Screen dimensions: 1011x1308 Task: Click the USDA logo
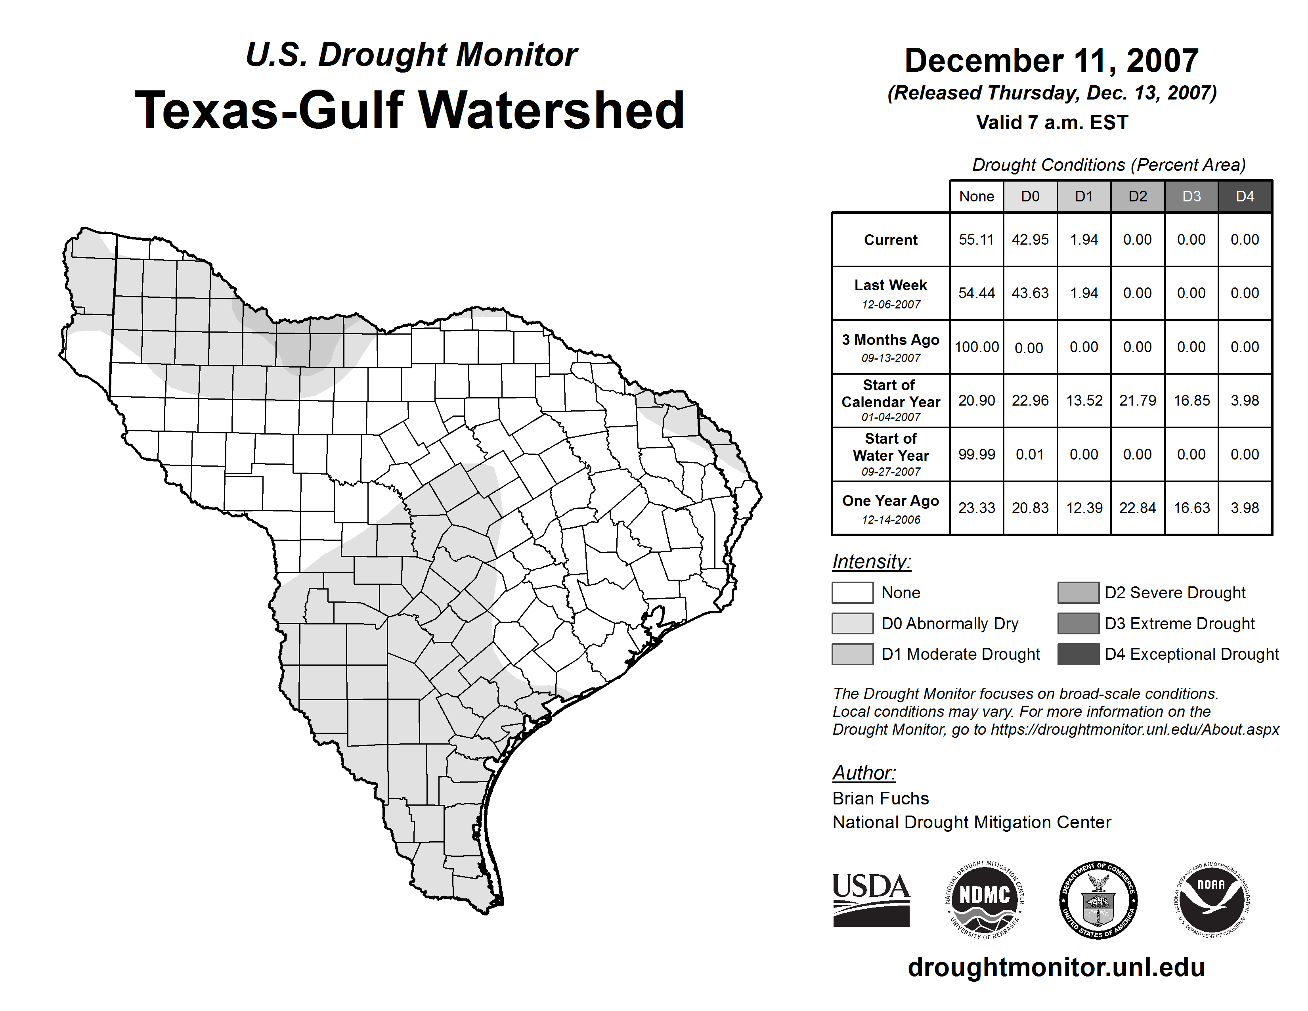click(871, 900)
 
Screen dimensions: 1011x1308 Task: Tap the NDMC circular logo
click(985, 900)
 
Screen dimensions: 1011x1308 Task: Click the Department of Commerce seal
click(1098, 900)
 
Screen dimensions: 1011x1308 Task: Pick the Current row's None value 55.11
click(976, 239)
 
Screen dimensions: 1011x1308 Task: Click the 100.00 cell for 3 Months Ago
click(976, 347)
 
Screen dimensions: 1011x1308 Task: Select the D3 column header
click(1191, 196)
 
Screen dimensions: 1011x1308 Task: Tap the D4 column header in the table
click(1245, 196)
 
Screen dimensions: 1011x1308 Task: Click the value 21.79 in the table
click(1137, 400)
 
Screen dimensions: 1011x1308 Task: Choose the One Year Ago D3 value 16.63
click(1191, 508)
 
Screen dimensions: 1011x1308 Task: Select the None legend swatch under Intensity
click(852, 592)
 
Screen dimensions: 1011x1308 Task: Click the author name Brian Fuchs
click(880, 798)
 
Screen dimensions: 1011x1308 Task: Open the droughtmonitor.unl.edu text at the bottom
click(1056, 967)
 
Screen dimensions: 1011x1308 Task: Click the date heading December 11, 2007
click(1051, 61)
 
